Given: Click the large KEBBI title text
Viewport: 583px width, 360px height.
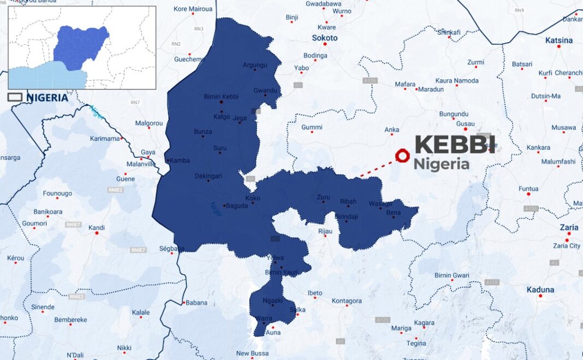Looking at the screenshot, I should [x=455, y=145].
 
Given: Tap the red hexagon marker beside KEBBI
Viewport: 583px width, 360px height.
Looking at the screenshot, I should [x=402, y=156].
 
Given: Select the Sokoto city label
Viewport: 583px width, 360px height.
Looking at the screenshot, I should [x=324, y=38].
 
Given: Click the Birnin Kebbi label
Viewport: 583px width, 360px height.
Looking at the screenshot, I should [x=219, y=97].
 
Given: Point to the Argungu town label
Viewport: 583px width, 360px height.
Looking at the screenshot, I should [x=255, y=65].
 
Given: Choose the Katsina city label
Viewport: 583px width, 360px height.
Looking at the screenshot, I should [x=558, y=40].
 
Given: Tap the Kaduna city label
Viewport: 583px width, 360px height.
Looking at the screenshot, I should [x=540, y=290].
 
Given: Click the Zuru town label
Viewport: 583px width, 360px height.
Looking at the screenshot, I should [x=324, y=197].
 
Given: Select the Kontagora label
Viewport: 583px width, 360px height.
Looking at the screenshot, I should [x=347, y=301].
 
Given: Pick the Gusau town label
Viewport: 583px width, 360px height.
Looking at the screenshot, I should [x=466, y=124].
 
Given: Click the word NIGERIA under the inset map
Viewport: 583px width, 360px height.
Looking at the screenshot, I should [x=47, y=98].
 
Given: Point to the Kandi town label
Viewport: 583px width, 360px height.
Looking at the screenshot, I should [x=97, y=228].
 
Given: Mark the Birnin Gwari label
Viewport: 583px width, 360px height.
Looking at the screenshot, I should [x=451, y=275].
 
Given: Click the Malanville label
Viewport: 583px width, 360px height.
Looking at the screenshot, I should [x=141, y=164].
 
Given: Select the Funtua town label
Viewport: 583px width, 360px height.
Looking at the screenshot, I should [x=528, y=189].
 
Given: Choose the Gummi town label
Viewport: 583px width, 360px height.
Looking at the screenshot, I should [x=312, y=127].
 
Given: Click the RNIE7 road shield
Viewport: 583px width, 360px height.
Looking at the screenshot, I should [x=73, y=225].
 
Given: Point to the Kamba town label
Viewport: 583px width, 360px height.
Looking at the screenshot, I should [x=179, y=161].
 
